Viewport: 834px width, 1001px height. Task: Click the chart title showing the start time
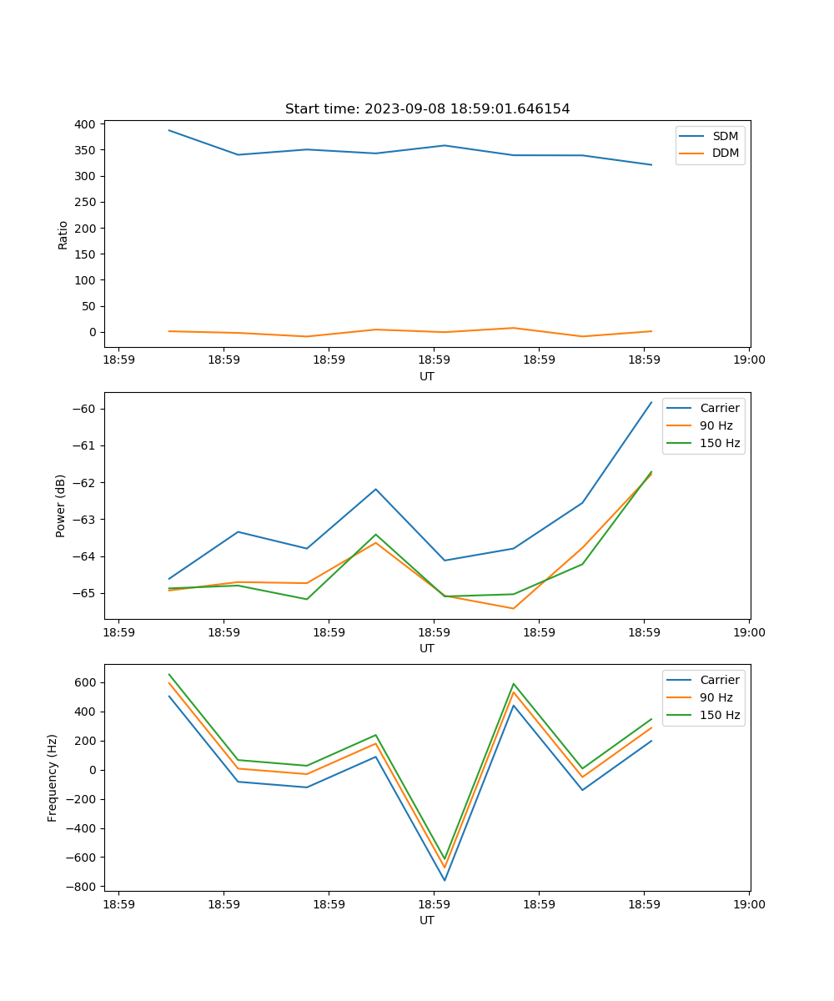point(427,109)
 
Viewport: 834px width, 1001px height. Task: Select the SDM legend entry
point(725,136)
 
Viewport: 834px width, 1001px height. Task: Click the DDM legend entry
point(725,153)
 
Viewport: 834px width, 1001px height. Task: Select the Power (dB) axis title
point(61,506)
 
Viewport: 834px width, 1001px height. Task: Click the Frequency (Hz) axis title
point(53,777)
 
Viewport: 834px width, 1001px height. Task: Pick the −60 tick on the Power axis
point(84,409)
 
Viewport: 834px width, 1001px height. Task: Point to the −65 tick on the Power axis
point(84,593)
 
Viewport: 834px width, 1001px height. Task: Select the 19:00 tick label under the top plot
point(749,360)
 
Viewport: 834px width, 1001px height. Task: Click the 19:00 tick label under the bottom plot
point(749,904)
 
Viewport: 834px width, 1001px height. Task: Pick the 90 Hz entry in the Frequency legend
point(716,697)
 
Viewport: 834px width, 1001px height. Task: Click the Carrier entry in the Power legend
point(719,408)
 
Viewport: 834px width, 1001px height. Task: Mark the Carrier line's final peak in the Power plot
point(651,402)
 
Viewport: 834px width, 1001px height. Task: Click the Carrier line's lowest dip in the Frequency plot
point(445,880)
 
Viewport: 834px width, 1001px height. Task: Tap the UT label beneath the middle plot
point(427,648)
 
